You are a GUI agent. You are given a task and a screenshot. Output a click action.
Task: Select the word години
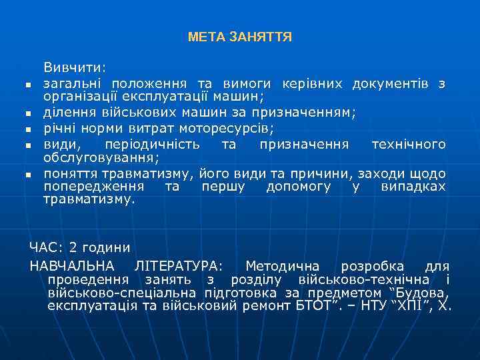[x=106, y=247]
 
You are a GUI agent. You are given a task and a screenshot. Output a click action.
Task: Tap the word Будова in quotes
[x=423, y=293]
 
